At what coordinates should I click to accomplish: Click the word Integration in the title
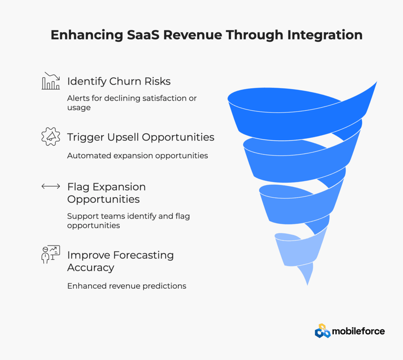[x=325, y=35]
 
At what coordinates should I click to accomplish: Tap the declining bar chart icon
[x=51, y=81]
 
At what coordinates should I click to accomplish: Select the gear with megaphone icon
[x=51, y=137]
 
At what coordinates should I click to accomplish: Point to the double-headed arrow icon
[x=51, y=186]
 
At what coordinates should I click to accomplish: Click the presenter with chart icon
[x=51, y=254]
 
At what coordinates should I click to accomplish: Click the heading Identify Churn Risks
[x=119, y=82]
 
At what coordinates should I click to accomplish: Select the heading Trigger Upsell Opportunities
[x=140, y=137]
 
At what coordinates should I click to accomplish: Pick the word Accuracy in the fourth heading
[x=91, y=268]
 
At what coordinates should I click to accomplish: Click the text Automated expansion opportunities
[x=137, y=156]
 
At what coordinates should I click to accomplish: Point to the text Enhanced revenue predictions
[x=127, y=286]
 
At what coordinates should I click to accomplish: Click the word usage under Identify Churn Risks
[x=79, y=108]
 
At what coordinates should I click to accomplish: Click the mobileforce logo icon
[x=323, y=331]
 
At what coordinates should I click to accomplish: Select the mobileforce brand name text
[x=358, y=331]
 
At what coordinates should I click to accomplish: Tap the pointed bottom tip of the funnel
[x=307, y=285]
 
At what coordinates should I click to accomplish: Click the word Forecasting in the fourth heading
[x=143, y=256]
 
